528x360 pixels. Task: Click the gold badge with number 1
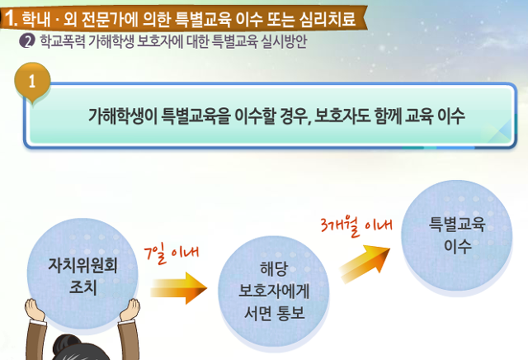coord(32,81)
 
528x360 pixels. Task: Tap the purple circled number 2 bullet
coord(27,41)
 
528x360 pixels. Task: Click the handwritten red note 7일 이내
coord(171,253)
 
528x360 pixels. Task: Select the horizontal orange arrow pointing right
coord(179,288)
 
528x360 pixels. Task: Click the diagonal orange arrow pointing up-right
coord(365,263)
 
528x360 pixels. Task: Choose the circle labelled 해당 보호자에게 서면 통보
coord(274,291)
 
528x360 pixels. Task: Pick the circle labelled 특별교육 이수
coord(456,235)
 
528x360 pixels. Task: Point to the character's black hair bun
coord(67,343)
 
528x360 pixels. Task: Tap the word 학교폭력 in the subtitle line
coord(63,41)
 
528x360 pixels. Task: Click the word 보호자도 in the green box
coord(342,116)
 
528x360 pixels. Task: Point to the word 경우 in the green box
coord(295,116)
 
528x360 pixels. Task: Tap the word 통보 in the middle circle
coord(290,314)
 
